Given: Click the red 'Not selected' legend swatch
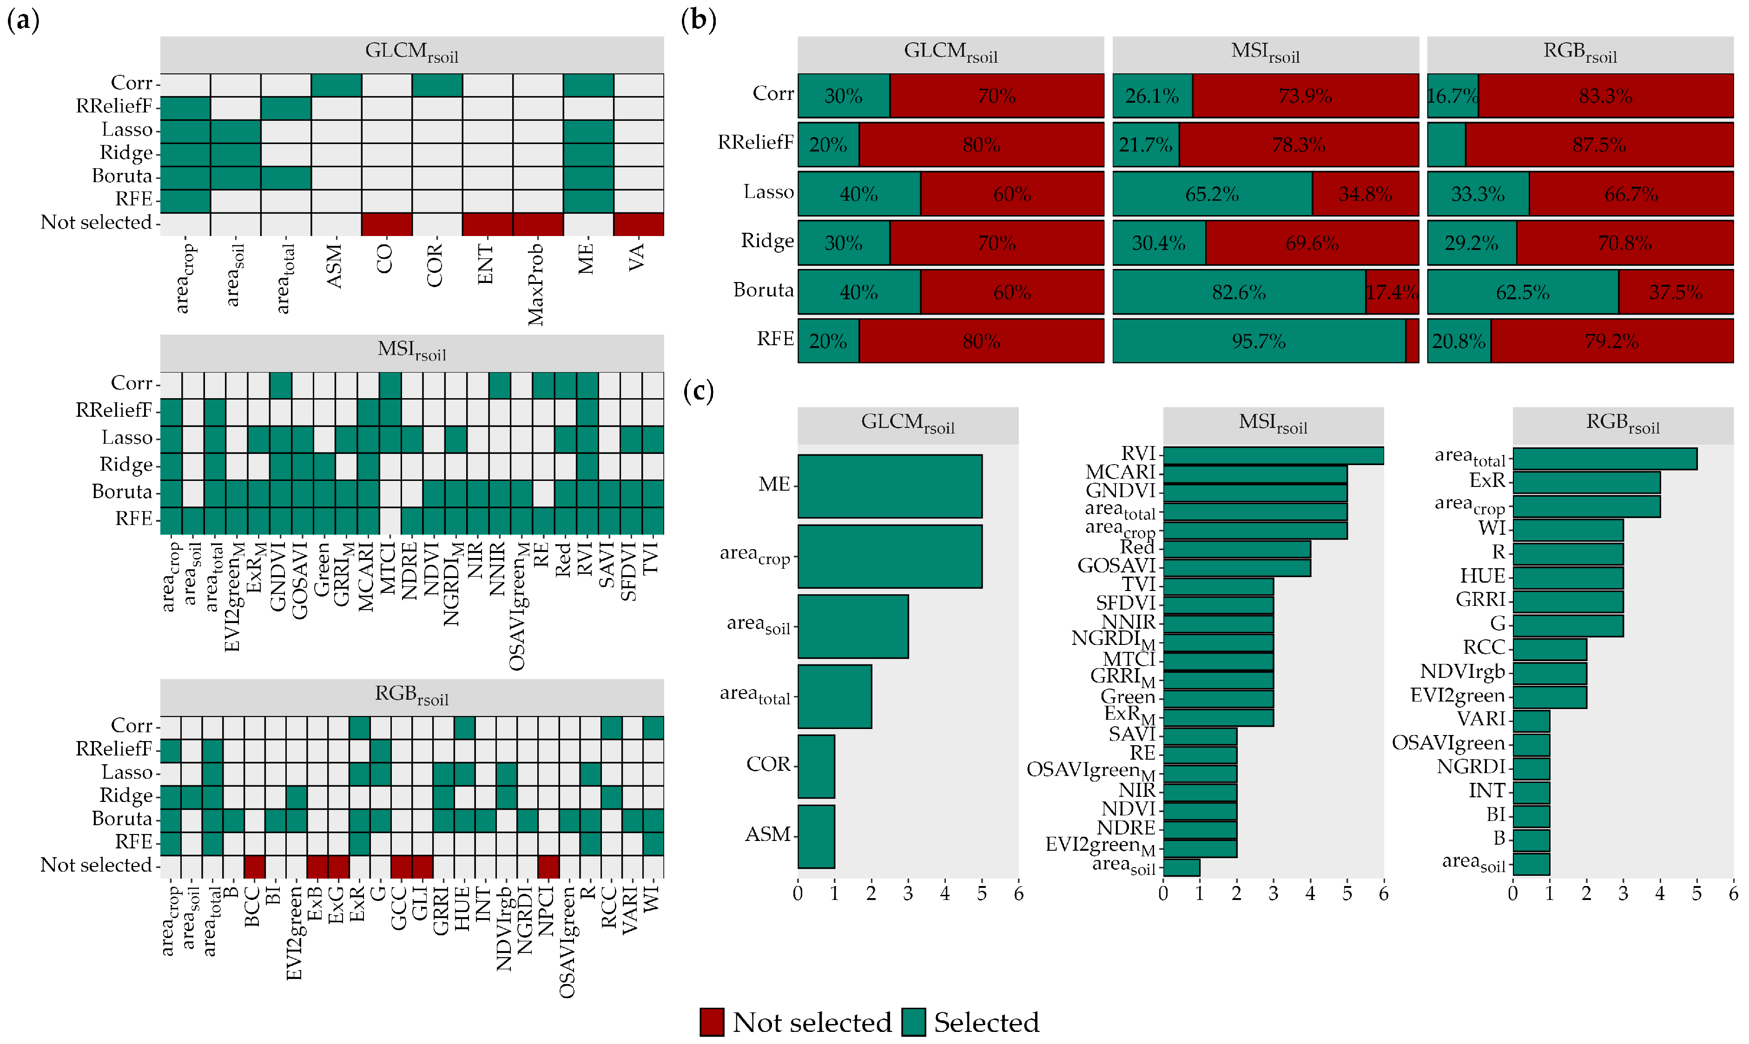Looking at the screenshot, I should coord(712,1022).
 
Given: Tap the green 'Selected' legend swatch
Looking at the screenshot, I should coord(913,1022).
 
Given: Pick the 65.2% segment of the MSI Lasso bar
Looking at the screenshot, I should coord(1212,193).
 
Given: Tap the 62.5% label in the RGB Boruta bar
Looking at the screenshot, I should coord(1523,292).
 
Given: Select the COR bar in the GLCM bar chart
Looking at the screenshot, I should coord(816,766).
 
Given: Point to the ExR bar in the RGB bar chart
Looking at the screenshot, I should coord(1586,482).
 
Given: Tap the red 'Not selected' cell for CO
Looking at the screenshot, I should coord(386,224).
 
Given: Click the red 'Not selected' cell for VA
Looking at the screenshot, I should coord(638,224).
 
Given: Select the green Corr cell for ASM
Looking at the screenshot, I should coord(337,85).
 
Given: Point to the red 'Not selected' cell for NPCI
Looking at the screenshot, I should coord(548,867).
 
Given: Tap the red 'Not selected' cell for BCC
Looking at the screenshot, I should coord(254,867).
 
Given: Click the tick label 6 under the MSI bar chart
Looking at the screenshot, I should coord(1383,894).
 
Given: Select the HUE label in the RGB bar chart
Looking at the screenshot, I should coord(1482,576).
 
